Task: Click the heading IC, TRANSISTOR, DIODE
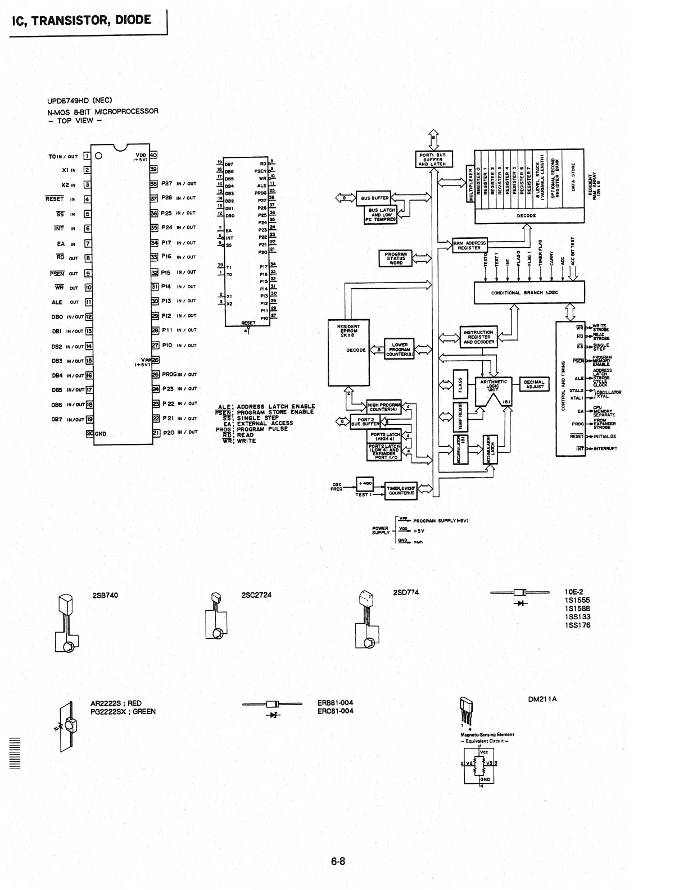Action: [x=81, y=20]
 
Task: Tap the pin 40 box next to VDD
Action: [x=153, y=155]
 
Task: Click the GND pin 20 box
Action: [x=89, y=433]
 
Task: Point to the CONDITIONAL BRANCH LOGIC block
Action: [x=524, y=293]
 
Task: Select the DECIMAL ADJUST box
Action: [x=534, y=384]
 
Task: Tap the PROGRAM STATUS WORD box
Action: [x=396, y=258]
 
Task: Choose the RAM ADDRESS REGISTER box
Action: [x=469, y=246]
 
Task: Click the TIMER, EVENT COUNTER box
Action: [x=400, y=491]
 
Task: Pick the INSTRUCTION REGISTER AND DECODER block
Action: [x=478, y=337]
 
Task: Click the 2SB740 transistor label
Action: [x=105, y=595]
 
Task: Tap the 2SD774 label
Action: [x=406, y=592]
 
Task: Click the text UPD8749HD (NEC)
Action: [x=80, y=101]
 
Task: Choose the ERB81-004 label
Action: [x=335, y=703]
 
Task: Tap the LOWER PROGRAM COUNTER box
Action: [x=400, y=349]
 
